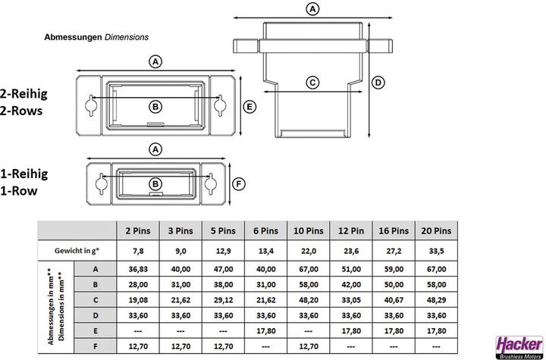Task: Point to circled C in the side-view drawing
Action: (312, 83)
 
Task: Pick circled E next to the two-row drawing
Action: (249, 107)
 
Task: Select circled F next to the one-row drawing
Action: (238, 183)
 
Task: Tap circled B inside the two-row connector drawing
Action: (155, 106)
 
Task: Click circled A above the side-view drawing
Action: (312, 9)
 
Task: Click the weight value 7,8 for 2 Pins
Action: (136, 250)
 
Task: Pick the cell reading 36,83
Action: (136, 269)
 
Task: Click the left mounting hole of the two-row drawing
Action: (91, 105)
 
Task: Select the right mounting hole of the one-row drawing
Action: (209, 183)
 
